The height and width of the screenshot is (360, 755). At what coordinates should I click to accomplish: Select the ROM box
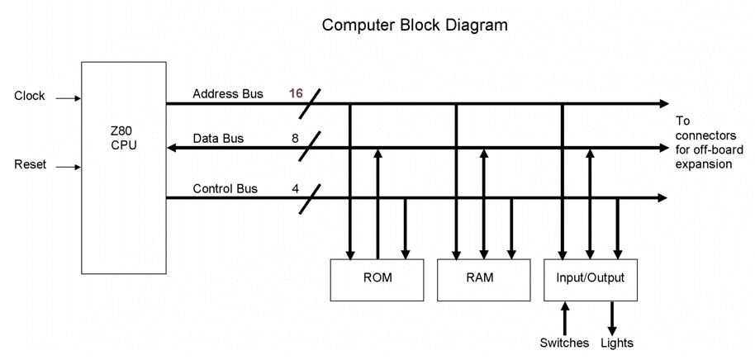pyautogui.click(x=377, y=279)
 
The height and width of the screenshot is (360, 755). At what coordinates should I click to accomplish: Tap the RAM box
pyautogui.click(x=484, y=279)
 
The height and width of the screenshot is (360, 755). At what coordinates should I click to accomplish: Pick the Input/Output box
pyautogui.click(x=591, y=279)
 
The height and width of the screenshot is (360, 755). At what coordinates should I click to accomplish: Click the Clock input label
pyautogui.click(x=30, y=97)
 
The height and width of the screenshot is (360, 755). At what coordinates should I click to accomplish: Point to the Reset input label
pyautogui.click(x=31, y=165)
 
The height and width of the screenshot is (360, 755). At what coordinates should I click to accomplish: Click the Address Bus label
pyautogui.click(x=228, y=94)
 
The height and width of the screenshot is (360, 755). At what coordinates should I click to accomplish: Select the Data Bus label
pyautogui.click(x=218, y=139)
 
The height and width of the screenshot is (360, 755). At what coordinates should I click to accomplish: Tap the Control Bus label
pyautogui.click(x=225, y=189)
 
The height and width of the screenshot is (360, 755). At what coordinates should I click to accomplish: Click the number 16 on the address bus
pyautogui.click(x=296, y=94)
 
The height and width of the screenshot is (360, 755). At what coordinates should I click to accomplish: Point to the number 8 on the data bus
pyautogui.click(x=295, y=139)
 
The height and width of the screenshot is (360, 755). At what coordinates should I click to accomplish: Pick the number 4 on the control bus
pyautogui.click(x=295, y=189)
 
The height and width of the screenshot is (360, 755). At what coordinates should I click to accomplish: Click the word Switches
pyautogui.click(x=564, y=343)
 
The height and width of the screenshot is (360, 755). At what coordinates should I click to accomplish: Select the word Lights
pyautogui.click(x=617, y=343)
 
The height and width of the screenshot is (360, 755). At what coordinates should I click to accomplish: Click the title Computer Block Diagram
pyautogui.click(x=415, y=26)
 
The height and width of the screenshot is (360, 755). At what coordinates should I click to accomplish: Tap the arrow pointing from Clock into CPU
pyautogui.click(x=68, y=98)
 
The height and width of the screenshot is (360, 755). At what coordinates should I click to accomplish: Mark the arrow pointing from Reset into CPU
pyautogui.click(x=68, y=167)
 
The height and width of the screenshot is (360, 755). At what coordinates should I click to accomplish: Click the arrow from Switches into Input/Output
pyautogui.click(x=565, y=318)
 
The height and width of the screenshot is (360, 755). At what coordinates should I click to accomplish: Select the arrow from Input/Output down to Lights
pyautogui.click(x=612, y=318)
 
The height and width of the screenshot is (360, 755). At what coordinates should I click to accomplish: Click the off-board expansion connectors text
pyautogui.click(x=703, y=142)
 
